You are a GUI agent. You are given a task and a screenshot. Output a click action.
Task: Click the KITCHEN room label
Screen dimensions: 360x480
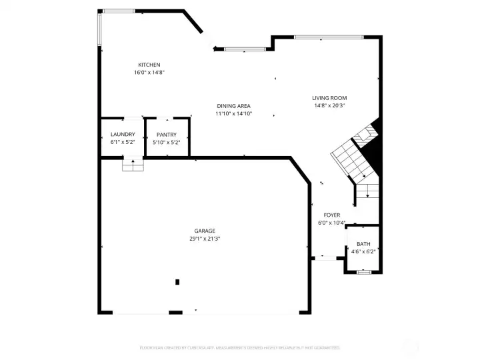[x=149, y=65]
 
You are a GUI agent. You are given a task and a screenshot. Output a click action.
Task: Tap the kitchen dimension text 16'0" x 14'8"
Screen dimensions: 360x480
[x=149, y=72]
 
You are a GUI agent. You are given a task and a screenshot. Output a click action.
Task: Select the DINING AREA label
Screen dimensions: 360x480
[x=233, y=106]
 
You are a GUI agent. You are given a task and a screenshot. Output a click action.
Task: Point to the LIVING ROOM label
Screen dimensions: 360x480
[x=329, y=98]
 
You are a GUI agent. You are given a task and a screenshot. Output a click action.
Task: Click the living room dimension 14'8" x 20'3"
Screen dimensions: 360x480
[x=329, y=105]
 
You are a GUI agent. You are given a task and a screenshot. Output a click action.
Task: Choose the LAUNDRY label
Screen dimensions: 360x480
[x=123, y=135]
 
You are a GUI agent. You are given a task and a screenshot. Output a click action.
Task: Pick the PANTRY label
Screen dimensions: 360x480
[x=167, y=135]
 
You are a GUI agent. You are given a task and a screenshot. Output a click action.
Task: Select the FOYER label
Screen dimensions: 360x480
[x=331, y=215]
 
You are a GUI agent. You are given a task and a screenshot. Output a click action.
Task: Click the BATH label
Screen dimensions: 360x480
[x=363, y=244]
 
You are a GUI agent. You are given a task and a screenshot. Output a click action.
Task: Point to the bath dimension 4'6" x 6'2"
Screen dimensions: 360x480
[x=363, y=251]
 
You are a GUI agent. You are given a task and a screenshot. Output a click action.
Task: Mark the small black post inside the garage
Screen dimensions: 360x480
[x=177, y=282]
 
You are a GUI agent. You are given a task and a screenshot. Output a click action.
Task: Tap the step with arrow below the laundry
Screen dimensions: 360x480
[x=133, y=164]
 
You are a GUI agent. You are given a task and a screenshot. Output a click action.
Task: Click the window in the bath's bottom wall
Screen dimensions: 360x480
[x=363, y=272]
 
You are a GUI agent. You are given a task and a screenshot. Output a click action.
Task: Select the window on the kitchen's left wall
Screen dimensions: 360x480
[x=100, y=29]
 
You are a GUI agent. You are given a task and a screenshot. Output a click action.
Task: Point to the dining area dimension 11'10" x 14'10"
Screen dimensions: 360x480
[x=233, y=113]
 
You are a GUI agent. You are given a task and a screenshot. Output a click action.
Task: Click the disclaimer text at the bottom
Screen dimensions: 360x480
[x=240, y=347]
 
